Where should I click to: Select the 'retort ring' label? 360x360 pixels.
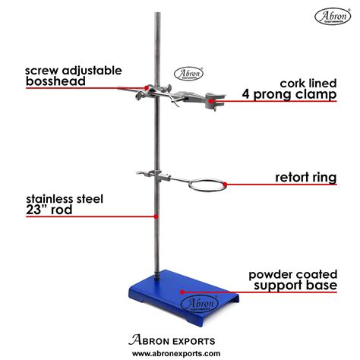tap(306, 178)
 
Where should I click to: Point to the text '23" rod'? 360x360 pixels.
tap(48, 210)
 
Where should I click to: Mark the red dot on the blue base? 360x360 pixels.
tap(182, 289)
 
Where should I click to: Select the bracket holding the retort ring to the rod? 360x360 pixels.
tap(164, 179)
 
